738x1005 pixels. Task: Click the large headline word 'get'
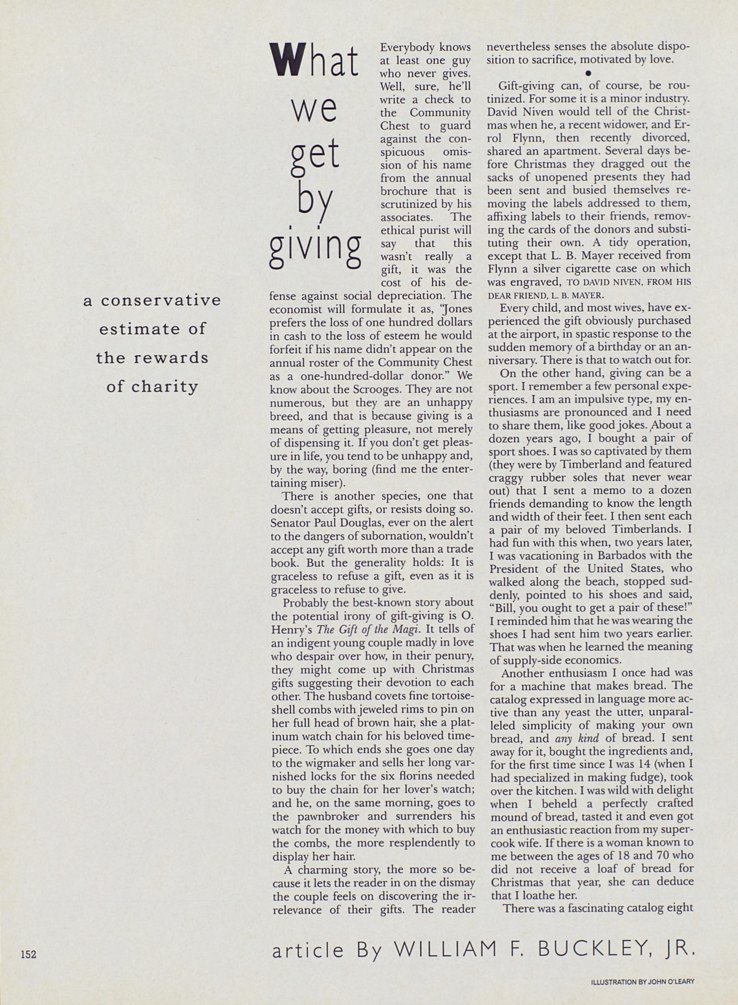(x=315, y=154)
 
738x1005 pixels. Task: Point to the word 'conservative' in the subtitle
(x=161, y=300)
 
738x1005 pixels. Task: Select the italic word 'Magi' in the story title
(x=407, y=630)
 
